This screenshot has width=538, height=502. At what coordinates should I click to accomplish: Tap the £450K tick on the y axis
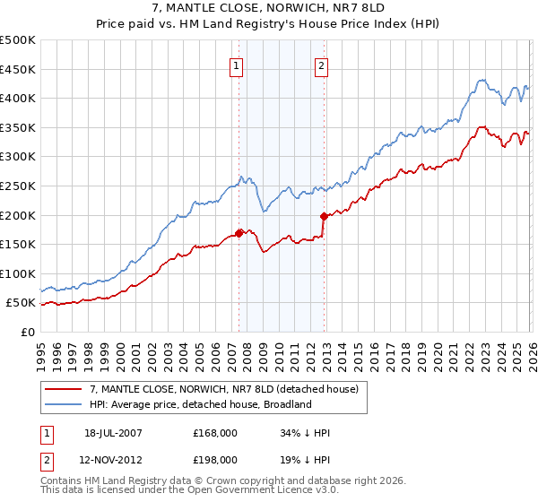coord(18,69)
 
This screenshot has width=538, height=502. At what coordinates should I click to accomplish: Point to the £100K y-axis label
coord(18,273)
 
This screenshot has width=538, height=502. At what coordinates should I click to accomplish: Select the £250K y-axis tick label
coord(18,186)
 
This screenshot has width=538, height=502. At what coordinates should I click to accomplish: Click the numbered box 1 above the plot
coord(236,65)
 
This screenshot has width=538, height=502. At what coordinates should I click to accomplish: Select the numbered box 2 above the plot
coord(320,65)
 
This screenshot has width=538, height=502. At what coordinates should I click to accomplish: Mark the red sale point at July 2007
coord(239,233)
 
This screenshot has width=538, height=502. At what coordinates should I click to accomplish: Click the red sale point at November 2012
coord(323,216)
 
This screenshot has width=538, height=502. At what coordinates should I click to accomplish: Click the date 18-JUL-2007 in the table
coord(114,433)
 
